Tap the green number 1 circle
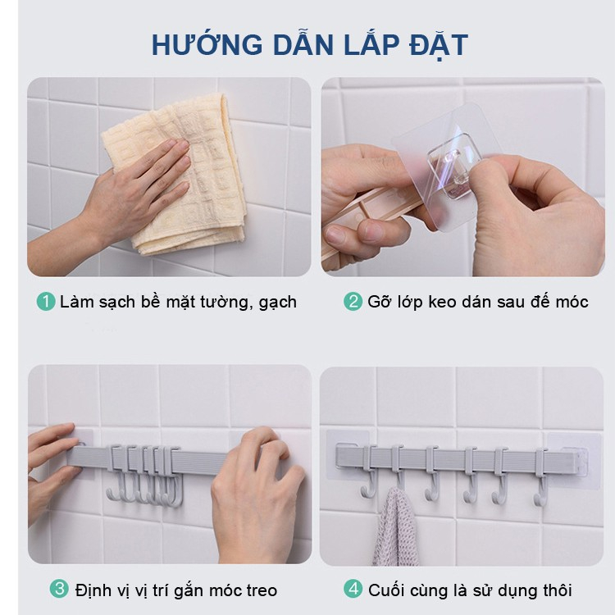pyautogui.click(x=46, y=302)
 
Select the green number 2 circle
pyautogui.click(x=353, y=302)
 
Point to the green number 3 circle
pyautogui.click(x=59, y=590)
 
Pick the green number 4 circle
pyautogui.click(x=353, y=590)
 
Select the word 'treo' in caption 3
pyautogui.click(x=261, y=590)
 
